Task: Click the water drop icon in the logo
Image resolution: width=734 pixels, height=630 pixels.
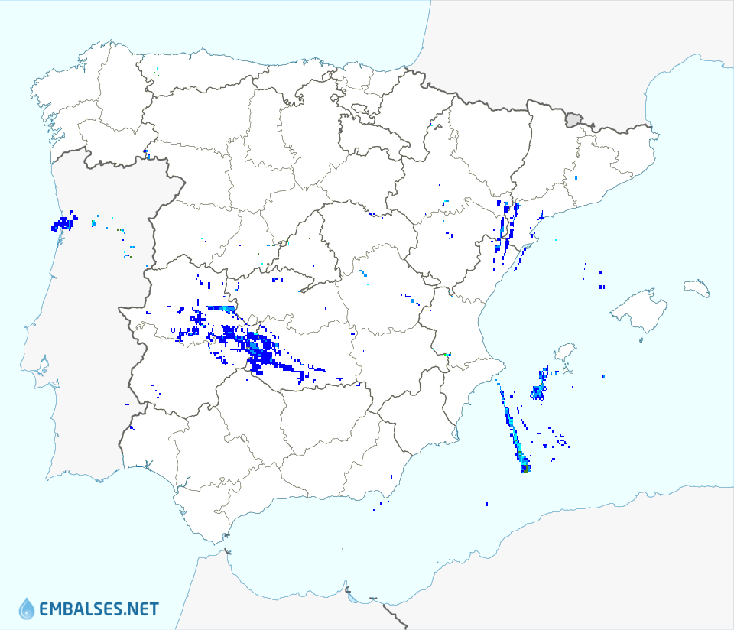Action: click(x=27, y=609)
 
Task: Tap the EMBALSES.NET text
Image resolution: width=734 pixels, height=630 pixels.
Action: click(x=99, y=609)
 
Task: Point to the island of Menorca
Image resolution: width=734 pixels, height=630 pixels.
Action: click(x=696, y=287)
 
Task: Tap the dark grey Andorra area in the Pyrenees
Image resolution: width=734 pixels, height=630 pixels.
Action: click(x=573, y=119)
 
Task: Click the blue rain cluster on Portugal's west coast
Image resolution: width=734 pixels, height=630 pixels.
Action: click(x=63, y=223)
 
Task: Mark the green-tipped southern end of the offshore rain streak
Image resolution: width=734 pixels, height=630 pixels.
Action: click(x=525, y=468)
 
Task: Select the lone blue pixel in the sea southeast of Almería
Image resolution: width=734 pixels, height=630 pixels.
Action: click(x=487, y=504)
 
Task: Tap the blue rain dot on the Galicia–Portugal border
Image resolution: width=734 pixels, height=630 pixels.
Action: click(x=145, y=151)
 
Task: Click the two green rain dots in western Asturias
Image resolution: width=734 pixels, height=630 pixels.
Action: click(x=156, y=73)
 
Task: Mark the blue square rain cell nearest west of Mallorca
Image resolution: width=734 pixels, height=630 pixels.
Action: click(x=602, y=287)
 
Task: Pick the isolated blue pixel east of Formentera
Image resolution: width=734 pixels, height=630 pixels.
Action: click(x=604, y=376)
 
